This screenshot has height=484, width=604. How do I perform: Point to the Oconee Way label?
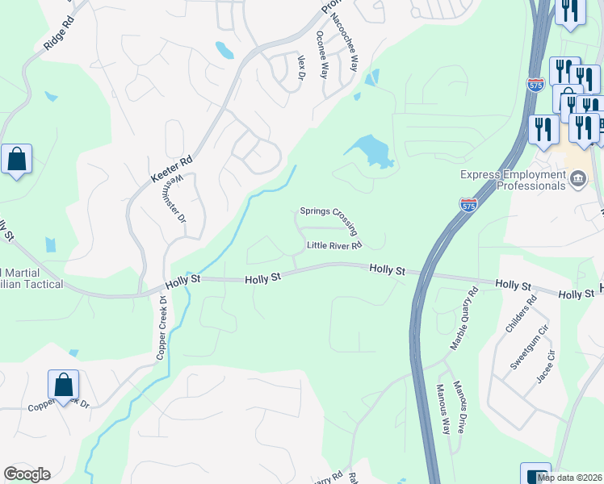322,54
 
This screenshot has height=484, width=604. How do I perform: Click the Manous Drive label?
459,407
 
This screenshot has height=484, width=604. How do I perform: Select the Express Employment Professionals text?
513,180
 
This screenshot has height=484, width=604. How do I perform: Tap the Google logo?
27,475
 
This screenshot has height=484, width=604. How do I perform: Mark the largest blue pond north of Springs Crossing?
368,150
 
